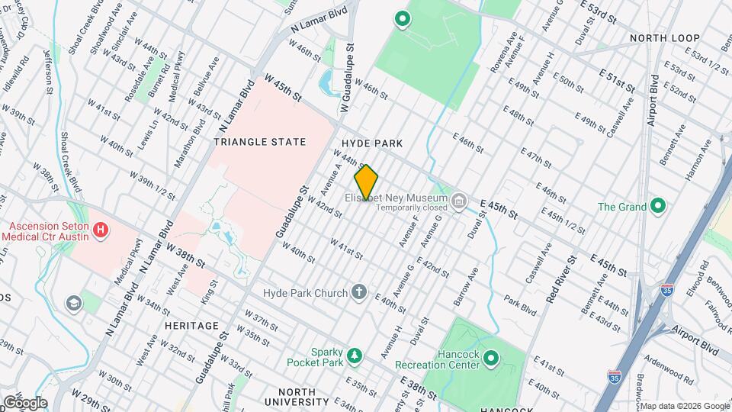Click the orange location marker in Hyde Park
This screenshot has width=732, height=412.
366,182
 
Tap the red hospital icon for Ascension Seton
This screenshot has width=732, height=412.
101,230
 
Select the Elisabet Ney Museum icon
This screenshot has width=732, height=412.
458,201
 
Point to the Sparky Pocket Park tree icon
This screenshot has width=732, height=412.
353,356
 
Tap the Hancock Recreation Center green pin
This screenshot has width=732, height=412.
491,358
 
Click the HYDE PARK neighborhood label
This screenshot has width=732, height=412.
371,143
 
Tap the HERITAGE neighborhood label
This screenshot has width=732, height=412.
191,326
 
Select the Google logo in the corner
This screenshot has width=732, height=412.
24,403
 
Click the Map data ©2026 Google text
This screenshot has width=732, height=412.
684,406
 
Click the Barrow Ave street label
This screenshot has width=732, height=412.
466,288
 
